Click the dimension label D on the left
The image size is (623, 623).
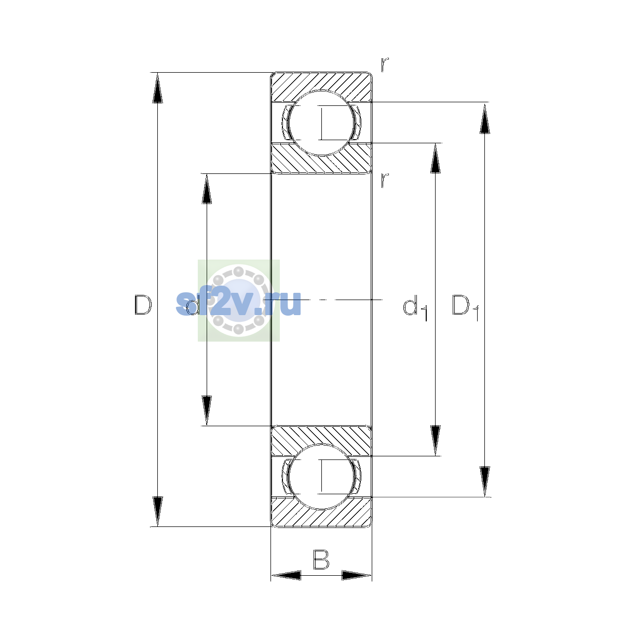click(143, 305)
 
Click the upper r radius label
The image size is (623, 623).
click(385, 65)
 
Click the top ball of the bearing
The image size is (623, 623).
click(321, 123)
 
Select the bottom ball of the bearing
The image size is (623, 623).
click(321, 477)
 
